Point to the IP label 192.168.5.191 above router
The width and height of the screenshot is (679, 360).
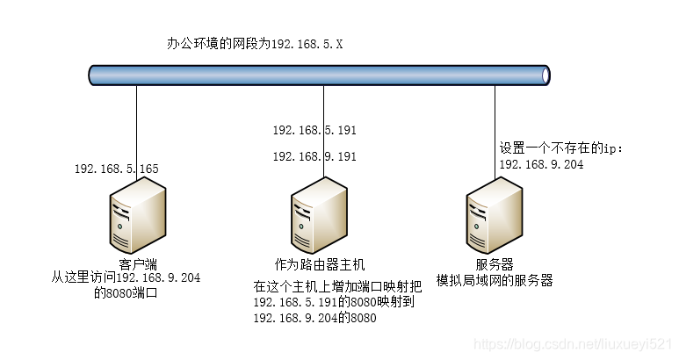click(314, 130)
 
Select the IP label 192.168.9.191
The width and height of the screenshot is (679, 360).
click(314, 156)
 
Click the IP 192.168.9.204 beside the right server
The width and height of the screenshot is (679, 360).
click(541, 164)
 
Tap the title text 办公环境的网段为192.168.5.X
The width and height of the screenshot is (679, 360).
click(255, 43)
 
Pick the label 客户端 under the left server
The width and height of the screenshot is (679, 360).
click(138, 263)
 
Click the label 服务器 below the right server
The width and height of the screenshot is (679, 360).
click(495, 264)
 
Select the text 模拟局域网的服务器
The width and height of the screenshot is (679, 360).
click(495, 280)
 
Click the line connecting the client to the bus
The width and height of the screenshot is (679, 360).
click(137, 123)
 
